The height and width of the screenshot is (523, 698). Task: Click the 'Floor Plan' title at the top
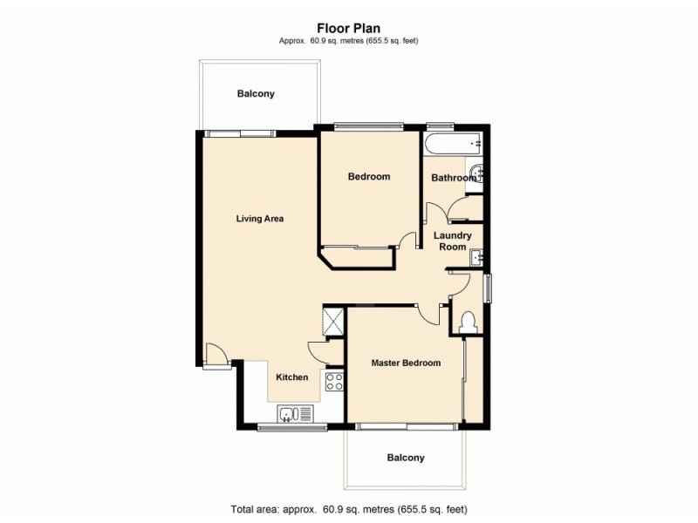(348, 28)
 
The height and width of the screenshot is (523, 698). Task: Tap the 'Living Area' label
(260, 219)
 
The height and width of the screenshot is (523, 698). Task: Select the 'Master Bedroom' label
(405, 363)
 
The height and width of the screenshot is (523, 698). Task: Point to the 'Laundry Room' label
(454, 241)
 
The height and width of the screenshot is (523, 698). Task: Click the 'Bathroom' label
(454, 178)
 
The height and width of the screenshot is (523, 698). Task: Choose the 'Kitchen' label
(292, 377)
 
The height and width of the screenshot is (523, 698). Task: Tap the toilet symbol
(469, 321)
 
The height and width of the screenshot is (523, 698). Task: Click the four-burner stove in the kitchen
(333, 380)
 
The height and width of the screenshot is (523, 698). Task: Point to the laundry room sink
(476, 257)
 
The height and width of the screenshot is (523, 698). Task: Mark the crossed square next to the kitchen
(332, 319)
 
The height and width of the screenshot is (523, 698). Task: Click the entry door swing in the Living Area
(215, 355)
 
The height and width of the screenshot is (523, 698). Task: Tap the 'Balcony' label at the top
(256, 93)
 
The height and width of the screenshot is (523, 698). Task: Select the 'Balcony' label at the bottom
(406, 458)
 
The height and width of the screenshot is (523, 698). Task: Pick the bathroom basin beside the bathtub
(476, 173)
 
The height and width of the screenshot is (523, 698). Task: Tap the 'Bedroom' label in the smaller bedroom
(368, 177)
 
